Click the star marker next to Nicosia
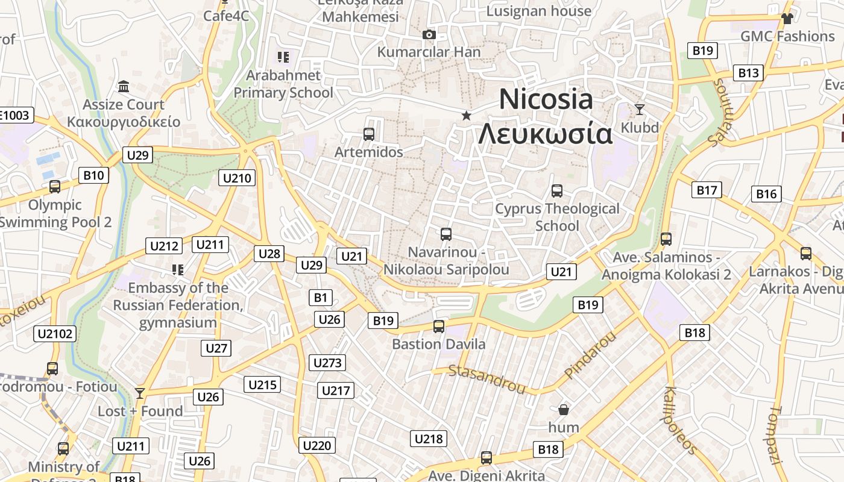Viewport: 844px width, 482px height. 466,115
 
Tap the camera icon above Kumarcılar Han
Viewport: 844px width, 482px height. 429,35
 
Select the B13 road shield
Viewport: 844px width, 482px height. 748,73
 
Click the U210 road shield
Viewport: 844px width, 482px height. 238,178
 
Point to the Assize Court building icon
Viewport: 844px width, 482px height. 124,87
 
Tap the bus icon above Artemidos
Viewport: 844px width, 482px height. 369,134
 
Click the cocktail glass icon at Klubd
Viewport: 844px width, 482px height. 640,110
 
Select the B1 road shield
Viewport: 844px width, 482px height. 321,297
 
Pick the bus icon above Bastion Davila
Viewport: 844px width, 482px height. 439,327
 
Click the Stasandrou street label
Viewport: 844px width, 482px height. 487,378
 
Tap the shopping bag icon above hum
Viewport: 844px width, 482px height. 564,410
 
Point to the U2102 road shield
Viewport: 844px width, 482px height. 56,334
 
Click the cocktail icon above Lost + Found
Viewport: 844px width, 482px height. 140,393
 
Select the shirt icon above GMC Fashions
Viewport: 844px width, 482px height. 787,19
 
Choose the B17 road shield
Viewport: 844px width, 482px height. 707,190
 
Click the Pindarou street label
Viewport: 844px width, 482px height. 590,355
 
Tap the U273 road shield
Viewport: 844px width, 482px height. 328,363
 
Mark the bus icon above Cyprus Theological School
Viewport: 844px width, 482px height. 557,191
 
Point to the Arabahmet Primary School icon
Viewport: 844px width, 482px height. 283,58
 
